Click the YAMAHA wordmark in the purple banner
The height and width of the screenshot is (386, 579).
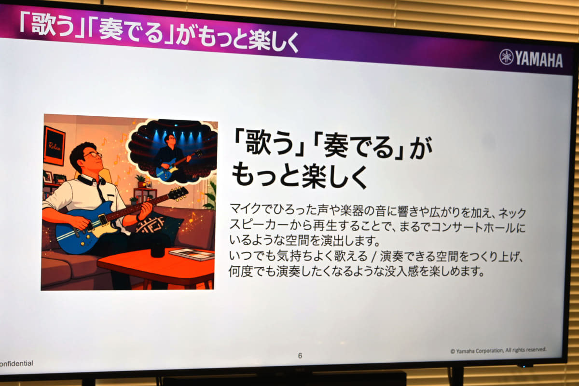point(539,59)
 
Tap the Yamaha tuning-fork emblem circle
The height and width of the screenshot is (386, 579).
point(506,57)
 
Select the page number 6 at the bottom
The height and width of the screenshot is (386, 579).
point(300,356)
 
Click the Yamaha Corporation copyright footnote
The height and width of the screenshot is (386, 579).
point(498,350)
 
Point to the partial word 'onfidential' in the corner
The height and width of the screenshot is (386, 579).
point(16,363)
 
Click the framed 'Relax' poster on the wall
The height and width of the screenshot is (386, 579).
point(54,146)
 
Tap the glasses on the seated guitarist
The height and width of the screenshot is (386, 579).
point(93,155)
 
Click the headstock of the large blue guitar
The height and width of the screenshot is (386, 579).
point(178,193)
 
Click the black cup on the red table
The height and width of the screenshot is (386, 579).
point(158,249)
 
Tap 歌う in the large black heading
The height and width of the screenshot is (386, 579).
point(269,144)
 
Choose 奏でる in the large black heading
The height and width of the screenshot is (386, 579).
point(359,147)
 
